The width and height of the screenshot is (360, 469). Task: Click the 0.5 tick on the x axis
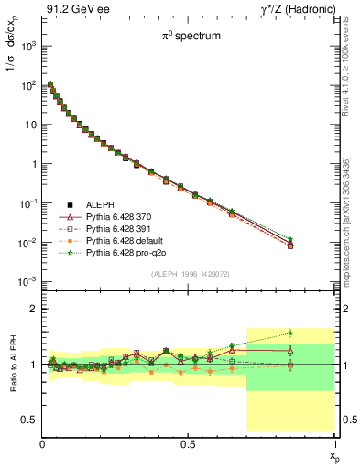pos(188,443)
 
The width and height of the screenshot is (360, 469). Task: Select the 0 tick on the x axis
pos(42,443)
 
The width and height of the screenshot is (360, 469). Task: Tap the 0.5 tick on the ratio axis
pos(27,420)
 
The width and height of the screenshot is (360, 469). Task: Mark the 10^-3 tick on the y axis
pos(27,281)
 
